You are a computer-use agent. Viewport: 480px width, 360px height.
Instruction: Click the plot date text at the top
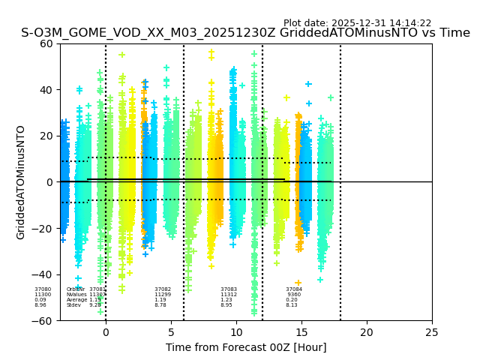point(357,23)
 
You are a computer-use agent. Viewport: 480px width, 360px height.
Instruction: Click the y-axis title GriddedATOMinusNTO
point(21,182)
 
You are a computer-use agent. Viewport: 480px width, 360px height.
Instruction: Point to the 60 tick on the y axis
point(46,43)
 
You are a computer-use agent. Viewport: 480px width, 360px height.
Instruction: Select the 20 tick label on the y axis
point(46,136)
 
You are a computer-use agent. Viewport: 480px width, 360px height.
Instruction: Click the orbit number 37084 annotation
point(294,289)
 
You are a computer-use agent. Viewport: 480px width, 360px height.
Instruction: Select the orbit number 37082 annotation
point(163,289)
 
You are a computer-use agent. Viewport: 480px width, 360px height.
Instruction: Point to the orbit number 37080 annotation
point(43,289)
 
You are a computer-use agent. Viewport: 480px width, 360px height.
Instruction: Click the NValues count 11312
point(229,295)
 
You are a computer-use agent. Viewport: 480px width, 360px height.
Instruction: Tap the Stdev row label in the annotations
point(73,305)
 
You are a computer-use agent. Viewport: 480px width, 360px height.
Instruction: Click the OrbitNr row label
point(76,289)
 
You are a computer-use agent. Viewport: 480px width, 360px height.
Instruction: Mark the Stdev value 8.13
point(292,305)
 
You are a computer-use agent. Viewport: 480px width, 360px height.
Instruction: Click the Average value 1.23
point(226,300)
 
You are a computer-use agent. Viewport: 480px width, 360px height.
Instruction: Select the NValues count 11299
point(163,295)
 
